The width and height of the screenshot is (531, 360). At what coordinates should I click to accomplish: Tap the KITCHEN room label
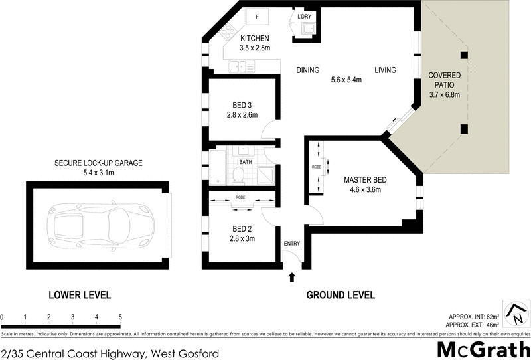pyautogui.click(x=255, y=39)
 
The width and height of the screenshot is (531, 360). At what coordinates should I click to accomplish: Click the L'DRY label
pyautogui.click(x=305, y=17)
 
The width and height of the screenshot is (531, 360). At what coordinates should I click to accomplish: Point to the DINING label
pyautogui.click(x=308, y=70)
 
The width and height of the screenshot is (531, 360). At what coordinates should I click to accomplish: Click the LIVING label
pyautogui.click(x=385, y=70)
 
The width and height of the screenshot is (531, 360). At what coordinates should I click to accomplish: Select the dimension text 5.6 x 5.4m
pyautogui.click(x=346, y=80)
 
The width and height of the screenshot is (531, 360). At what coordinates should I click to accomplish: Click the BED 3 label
pyautogui.click(x=242, y=105)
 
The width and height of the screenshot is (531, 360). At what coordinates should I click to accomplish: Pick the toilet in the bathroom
pyautogui.click(x=238, y=174)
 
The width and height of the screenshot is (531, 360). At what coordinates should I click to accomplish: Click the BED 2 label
pyautogui.click(x=242, y=229)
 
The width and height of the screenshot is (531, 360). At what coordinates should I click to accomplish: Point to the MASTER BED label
pyautogui.click(x=365, y=180)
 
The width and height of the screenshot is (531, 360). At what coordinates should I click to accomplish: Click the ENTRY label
pyautogui.click(x=292, y=244)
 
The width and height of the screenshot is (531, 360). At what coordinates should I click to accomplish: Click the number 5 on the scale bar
pyautogui.click(x=120, y=317)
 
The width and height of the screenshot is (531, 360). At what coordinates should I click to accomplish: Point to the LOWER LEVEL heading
pyautogui.click(x=80, y=295)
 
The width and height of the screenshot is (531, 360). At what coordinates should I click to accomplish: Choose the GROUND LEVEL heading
pyautogui.click(x=341, y=295)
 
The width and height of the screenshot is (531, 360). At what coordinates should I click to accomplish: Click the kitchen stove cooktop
pyautogui.click(x=229, y=31)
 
